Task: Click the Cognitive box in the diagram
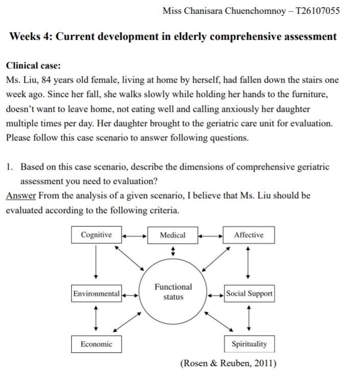point(96,235)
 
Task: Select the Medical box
point(172,235)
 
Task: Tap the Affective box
point(249,235)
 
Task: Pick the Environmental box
point(96,294)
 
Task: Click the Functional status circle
point(173,292)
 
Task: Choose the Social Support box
point(249,294)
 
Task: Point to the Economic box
point(96,344)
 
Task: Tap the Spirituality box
point(249,344)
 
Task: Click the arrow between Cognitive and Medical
point(134,236)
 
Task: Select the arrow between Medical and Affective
point(210,236)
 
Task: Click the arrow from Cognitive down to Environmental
point(96,264)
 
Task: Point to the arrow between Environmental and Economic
point(96,319)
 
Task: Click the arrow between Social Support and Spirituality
point(249,319)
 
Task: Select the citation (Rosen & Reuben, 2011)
point(228,363)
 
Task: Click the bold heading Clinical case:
point(33,65)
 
